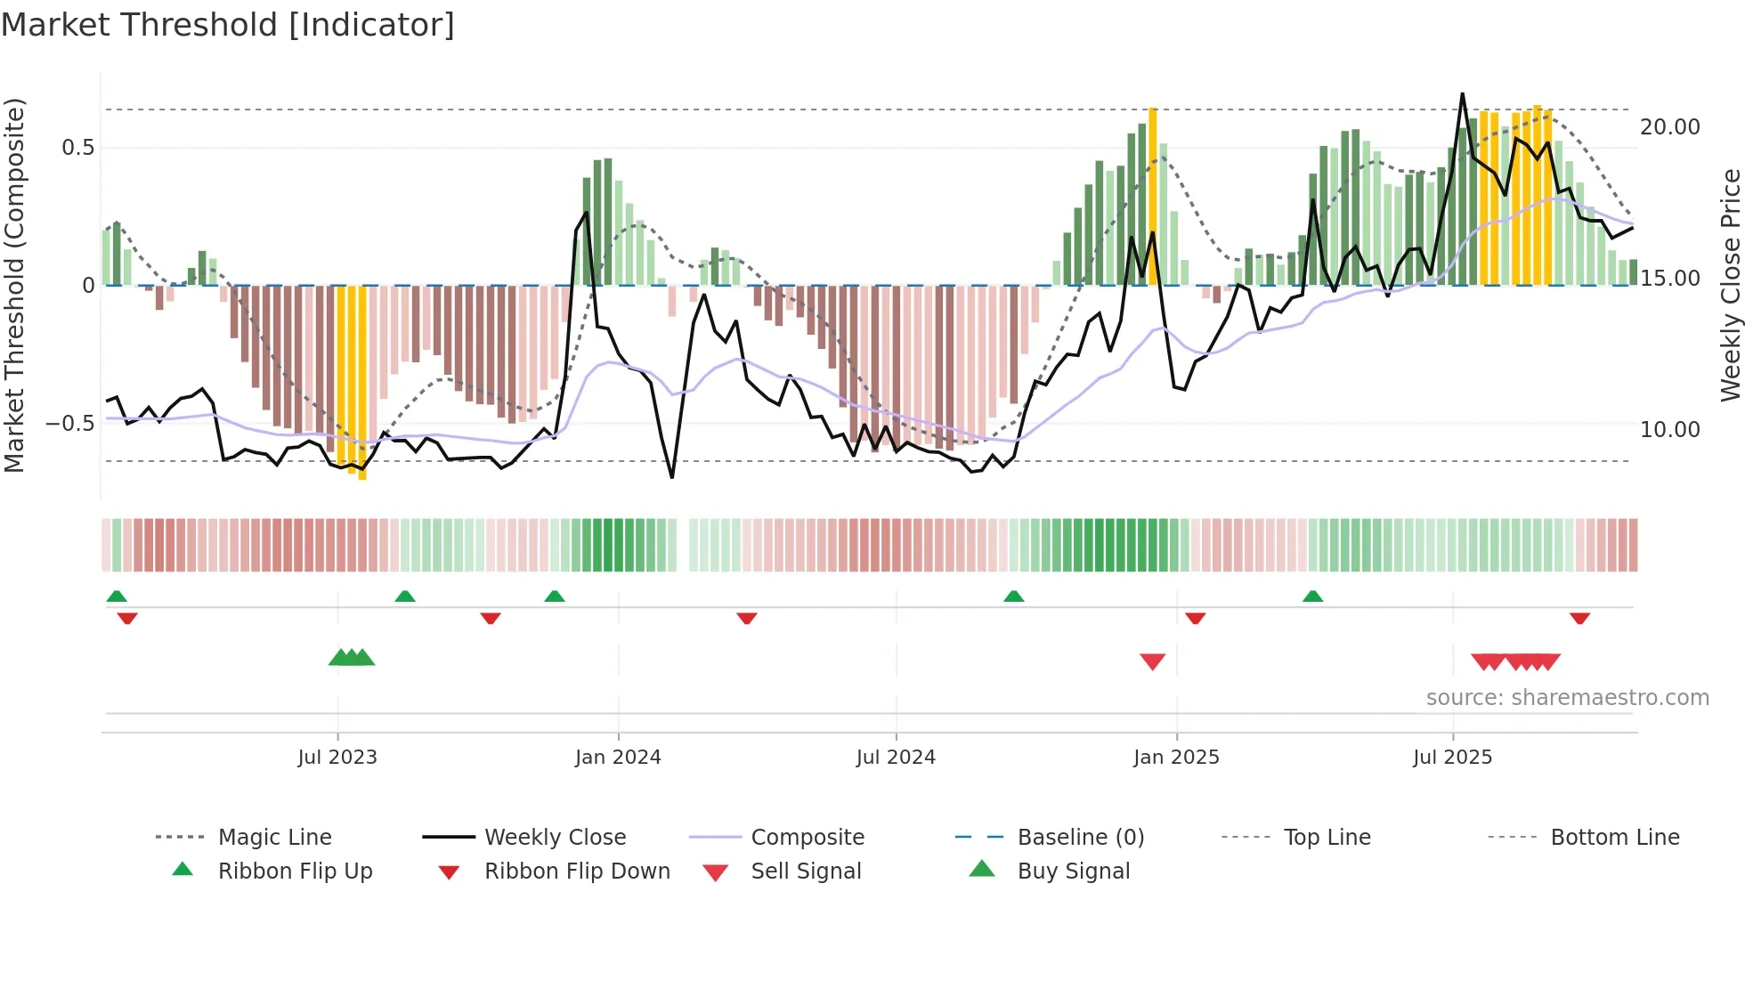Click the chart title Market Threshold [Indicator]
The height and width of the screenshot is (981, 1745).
tap(228, 25)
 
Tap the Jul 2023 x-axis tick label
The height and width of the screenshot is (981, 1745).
tap(337, 758)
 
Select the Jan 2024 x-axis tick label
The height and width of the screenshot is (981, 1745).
tap(618, 758)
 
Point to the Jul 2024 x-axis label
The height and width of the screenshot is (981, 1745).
tap(896, 758)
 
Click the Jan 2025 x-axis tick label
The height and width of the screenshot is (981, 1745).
tap(1176, 758)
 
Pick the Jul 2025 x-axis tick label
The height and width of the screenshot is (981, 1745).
tap(1452, 758)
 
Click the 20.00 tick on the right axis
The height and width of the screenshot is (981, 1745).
tap(1670, 127)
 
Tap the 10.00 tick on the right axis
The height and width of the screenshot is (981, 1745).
tap(1670, 430)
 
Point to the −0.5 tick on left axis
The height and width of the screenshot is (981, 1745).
tap(70, 424)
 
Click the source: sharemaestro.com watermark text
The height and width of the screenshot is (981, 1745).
tap(1567, 698)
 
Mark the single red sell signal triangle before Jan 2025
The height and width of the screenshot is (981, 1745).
tap(1153, 661)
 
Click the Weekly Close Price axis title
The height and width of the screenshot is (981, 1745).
tap(1730, 285)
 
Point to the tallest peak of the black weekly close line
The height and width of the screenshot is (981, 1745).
tap(1462, 94)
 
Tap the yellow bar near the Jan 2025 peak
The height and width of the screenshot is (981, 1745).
tap(1153, 196)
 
